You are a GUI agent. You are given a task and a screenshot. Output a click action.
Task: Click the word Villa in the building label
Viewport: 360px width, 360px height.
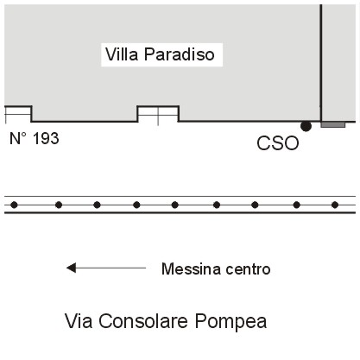pos(122,54)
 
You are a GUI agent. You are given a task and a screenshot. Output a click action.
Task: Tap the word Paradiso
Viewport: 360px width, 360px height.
pos(180,54)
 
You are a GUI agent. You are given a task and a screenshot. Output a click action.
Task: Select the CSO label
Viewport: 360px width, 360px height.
pos(278,143)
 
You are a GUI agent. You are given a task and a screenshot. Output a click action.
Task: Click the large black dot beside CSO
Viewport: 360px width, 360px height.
pos(306,126)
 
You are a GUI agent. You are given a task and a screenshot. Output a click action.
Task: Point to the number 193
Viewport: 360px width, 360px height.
pos(46,138)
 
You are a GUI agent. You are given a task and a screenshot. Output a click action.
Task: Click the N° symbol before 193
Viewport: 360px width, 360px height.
pos(18,138)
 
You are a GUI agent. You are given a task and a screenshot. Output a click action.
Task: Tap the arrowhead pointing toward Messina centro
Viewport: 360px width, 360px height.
pos(71,268)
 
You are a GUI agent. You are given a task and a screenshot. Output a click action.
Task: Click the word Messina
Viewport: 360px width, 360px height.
pos(192,269)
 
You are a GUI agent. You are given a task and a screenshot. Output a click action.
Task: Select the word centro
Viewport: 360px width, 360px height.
pos(248,269)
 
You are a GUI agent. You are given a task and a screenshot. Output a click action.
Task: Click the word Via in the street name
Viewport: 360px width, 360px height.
pos(79,321)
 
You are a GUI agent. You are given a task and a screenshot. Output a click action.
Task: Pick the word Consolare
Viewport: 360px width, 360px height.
pos(143,321)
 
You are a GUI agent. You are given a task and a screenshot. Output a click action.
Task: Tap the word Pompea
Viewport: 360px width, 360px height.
pos(231,322)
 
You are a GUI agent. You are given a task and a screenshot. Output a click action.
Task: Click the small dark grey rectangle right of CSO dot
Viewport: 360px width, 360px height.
pos(333,124)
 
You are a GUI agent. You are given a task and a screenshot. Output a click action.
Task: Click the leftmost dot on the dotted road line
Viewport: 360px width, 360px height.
pos(14,205)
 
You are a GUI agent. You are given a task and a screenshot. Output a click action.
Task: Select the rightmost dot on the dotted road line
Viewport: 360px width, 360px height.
pos(335,205)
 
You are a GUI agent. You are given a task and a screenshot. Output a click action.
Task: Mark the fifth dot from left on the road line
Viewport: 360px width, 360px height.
pos(174,205)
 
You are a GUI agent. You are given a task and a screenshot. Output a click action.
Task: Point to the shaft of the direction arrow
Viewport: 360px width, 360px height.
pos(111,268)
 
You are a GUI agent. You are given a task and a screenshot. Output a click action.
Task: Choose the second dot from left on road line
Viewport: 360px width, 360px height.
pos(59,205)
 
